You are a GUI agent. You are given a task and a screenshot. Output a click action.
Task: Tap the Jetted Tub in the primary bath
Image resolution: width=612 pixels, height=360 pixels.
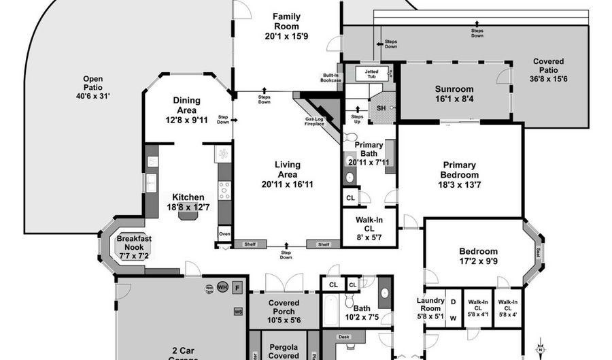[x=371, y=73]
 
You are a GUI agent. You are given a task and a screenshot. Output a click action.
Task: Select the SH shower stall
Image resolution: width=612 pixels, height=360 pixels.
[x=381, y=108]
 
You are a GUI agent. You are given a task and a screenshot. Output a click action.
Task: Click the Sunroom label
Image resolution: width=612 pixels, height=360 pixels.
[x=454, y=89]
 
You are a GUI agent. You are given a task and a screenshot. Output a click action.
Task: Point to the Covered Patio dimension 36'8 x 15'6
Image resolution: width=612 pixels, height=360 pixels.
[x=549, y=79]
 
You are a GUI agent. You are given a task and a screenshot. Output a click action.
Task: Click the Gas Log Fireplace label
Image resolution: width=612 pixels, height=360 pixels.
[x=314, y=122]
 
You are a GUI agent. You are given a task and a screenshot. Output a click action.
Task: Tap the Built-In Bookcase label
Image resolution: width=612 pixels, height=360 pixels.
[x=331, y=78]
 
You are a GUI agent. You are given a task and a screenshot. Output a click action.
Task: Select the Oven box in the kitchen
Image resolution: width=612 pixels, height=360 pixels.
[x=224, y=233]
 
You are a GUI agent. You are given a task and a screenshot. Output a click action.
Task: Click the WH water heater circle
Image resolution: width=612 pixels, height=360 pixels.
[x=222, y=287]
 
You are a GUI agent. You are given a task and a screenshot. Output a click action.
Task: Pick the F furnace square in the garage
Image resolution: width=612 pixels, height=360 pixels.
[x=237, y=287]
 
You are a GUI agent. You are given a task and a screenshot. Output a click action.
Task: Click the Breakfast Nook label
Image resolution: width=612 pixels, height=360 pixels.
[x=133, y=243]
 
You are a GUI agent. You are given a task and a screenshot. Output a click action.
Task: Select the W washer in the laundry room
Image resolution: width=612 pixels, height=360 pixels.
[x=453, y=316]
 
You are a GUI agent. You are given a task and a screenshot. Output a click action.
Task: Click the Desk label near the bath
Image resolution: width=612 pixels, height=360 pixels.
[x=343, y=336]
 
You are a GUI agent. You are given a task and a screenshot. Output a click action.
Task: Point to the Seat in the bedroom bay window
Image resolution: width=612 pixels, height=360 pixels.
[x=539, y=252]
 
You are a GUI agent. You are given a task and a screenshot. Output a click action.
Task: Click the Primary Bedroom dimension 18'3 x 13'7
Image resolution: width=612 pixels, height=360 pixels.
[x=459, y=184]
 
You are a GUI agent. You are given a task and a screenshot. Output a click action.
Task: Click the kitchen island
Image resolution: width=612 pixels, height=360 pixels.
[x=187, y=215]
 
